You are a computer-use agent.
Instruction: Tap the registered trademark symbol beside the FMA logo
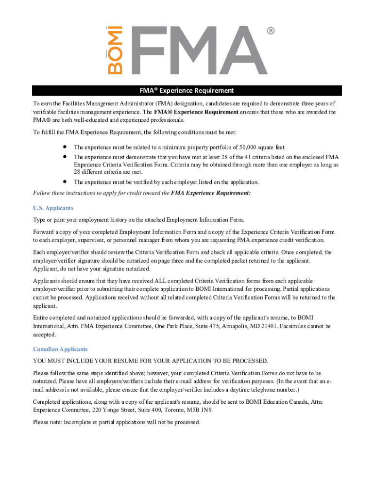[x=271, y=31]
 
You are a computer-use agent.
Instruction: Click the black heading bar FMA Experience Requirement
[x=187, y=91]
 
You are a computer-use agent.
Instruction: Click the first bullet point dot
[x=64, y=147]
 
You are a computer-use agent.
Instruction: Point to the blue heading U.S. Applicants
[x=53, y=208]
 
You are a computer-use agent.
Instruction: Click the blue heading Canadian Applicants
[x=60, y=349]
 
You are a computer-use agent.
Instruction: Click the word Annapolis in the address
[x=235, y=326]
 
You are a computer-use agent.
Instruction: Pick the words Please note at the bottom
[x=47, y=422]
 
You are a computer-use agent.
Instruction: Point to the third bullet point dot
[x=64, y=182]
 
